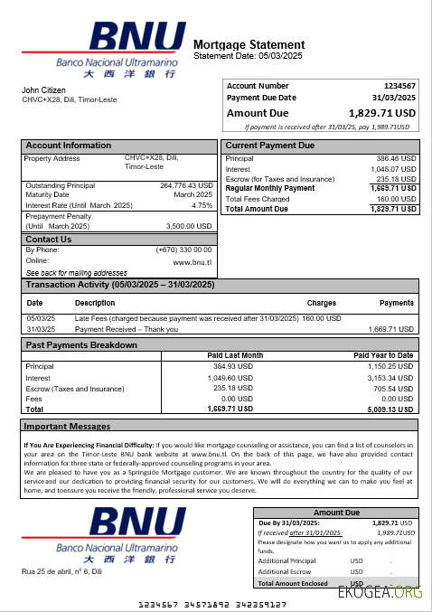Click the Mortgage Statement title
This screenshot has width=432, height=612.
[x=249, y=44]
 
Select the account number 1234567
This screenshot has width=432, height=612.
[x=399, y=86]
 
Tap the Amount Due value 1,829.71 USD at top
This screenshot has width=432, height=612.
[x=381, y=113]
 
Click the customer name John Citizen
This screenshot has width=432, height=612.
[x=42, y=90]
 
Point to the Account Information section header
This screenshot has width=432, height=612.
[x=69, y=146]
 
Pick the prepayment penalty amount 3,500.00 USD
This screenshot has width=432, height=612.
[x=189, y=226]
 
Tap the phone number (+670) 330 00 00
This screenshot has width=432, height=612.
[x=184, y=250]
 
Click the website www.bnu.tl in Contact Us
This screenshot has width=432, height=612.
[x=193, y=261]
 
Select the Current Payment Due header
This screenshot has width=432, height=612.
[x=270, y=146]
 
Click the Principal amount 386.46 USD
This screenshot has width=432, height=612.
[x=396, y=158]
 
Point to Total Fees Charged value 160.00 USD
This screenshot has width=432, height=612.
[x=396, y=199]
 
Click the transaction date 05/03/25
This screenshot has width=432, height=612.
[x=41, y=318]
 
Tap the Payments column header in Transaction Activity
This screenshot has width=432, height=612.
[x=397, y=303]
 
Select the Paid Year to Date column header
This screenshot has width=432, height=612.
[x=383, y=355]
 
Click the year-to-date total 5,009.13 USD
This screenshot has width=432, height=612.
[x=390, y=409]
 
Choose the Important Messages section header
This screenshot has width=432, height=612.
[x=67, y=426]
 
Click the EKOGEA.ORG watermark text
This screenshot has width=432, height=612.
[x=380, y=592]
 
